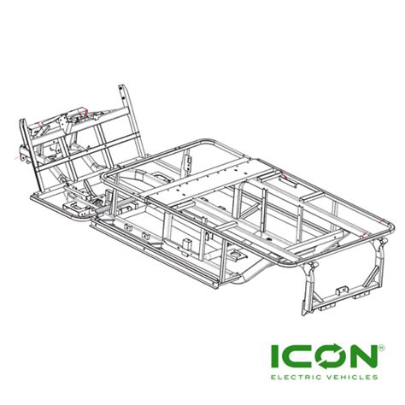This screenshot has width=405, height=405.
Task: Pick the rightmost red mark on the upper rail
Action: (x=365, y=228)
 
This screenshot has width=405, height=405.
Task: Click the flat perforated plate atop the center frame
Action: (x=205, y=179)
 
